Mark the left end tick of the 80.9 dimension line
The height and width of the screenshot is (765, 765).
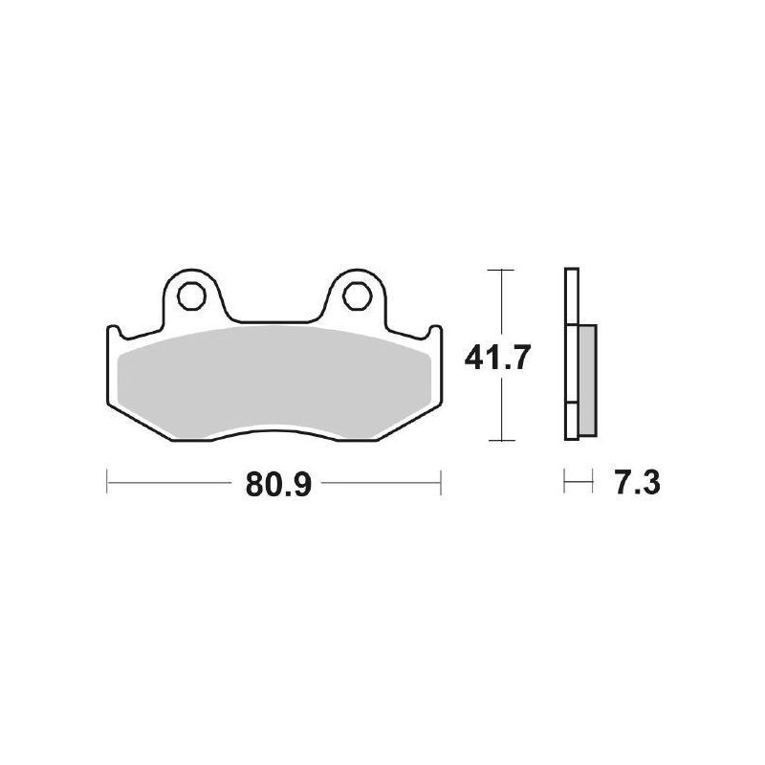click(106, 483)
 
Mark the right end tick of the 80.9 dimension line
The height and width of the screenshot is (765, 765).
click(440, 483)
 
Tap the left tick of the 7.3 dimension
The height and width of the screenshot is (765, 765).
click(565, 484)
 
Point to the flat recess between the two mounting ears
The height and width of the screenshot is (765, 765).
click(275, 322)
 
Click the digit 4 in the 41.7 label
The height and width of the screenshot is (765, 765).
click(474, 358)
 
